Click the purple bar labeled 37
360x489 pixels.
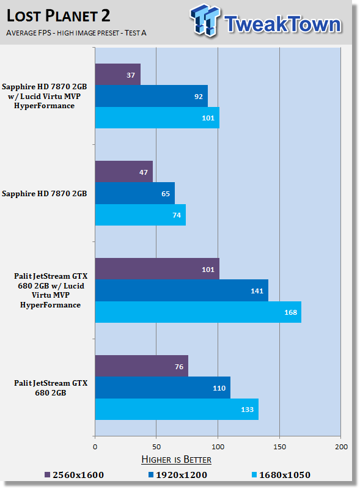118,75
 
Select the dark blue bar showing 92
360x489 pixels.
152,96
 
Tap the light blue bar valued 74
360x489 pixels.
141,215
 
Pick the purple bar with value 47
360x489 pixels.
124,172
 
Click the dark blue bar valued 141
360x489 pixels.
182,290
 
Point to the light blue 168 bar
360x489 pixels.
198,312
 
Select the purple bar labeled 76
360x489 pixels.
142,366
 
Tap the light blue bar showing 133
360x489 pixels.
177,409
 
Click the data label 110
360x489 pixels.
219,388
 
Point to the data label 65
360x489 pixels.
166,194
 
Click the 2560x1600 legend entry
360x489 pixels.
74,475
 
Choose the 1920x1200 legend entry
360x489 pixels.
178,475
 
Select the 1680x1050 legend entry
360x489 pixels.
281,475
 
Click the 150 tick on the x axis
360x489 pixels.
279,447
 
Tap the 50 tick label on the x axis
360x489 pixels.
156,447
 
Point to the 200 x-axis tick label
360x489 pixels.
341,447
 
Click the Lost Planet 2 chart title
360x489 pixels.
58,16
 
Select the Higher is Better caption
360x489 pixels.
176,460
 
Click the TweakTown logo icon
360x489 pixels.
205,20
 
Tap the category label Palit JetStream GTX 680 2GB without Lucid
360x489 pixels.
51,388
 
